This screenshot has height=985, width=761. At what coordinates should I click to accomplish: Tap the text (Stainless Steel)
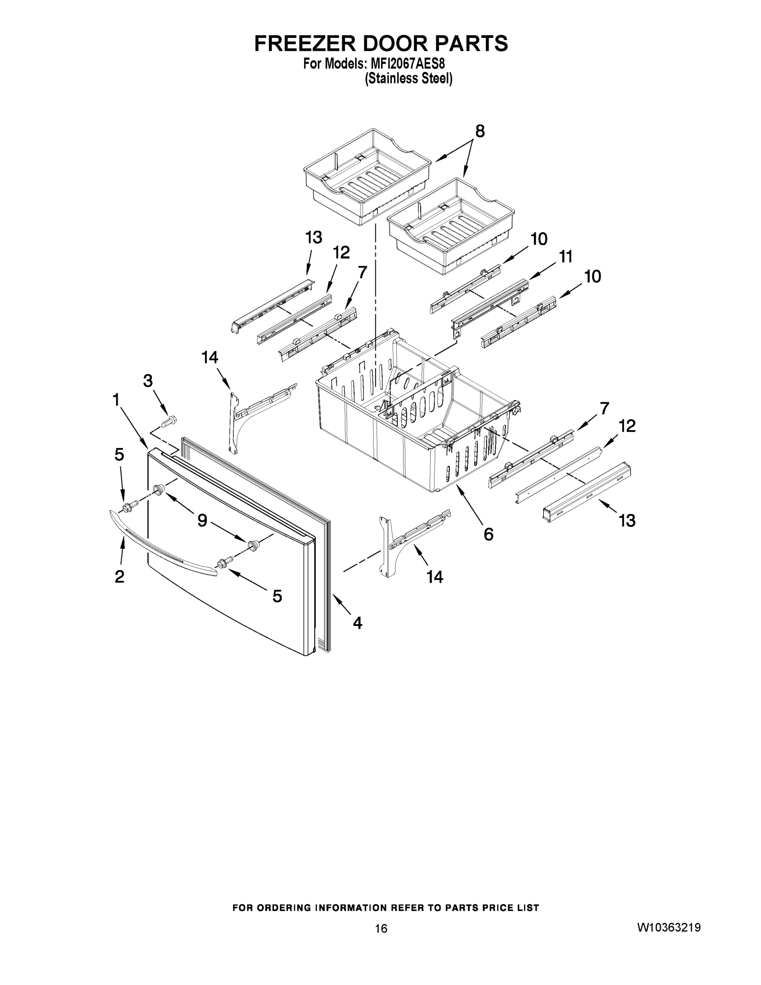[408, 79]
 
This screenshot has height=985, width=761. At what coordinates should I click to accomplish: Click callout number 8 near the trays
[480, 131]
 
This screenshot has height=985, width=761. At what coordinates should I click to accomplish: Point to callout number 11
[565, 257]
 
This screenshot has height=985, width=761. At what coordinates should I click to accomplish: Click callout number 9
[202, 520]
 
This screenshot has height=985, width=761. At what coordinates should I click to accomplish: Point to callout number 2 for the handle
[119, 576]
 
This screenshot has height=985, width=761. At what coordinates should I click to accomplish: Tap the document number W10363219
[669, 927]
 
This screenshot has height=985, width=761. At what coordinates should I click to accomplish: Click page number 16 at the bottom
[381, 928]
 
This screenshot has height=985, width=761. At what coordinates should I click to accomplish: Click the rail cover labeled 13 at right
[586, 492]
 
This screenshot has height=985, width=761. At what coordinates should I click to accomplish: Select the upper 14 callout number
[210, 357]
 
